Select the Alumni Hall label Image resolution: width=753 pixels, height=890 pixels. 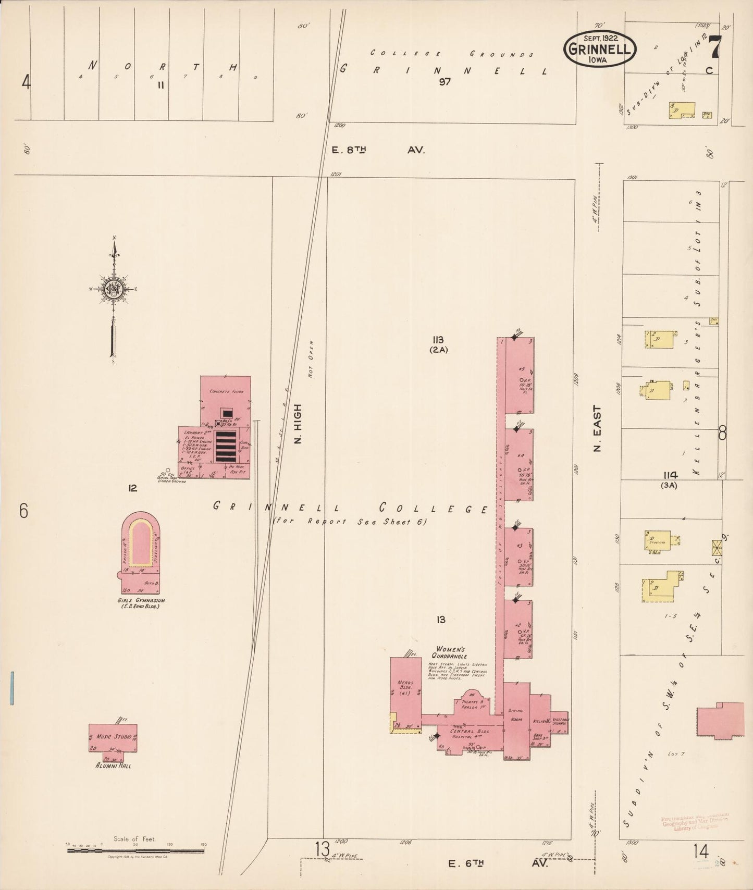(113, 765)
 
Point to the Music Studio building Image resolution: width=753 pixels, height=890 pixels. (113, 737)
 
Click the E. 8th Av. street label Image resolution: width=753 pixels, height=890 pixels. (379, 150)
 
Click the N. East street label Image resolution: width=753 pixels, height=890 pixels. (597, 428)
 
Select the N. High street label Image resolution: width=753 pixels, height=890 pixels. (298, 424)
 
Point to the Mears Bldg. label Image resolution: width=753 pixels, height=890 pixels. (405, 688)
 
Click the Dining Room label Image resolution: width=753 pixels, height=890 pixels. (516, 715)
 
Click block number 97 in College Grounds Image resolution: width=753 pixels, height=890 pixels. (444, 82)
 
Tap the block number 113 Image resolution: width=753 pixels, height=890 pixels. (438, 340)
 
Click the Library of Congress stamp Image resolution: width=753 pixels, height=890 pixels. (695, 821)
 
